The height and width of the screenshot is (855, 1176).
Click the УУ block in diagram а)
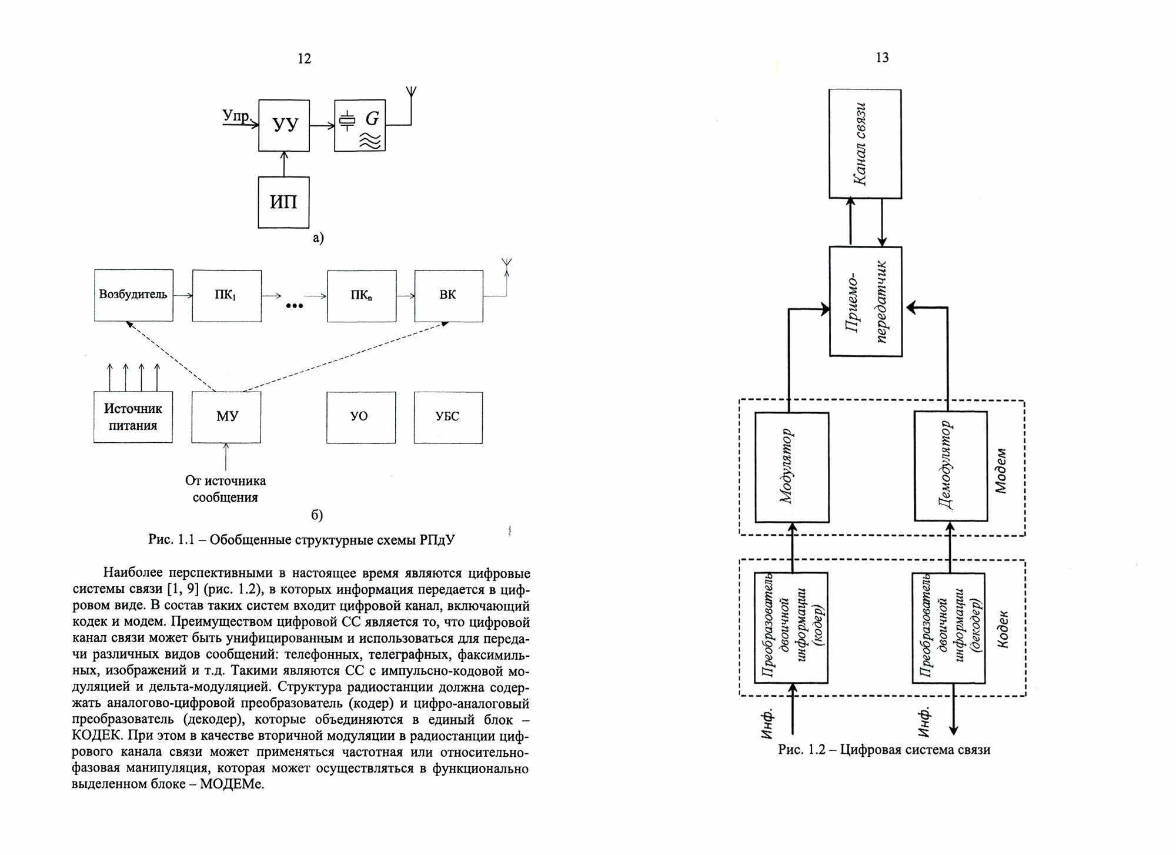(284, 125)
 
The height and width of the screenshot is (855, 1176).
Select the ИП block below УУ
(283, 202)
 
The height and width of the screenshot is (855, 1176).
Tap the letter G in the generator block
(372, 119)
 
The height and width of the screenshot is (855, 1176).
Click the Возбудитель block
(133, 295)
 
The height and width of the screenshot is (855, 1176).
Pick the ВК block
(448, 295)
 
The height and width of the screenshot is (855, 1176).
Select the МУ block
(226, 417)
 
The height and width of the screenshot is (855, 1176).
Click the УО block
(360, 417)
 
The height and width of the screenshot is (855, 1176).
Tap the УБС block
(447, 417)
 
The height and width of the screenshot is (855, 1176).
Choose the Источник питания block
(133, 417)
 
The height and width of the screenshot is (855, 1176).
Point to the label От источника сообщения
(226, 489)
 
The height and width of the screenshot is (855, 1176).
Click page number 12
(304, 58)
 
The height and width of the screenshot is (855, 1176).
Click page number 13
(882, 58)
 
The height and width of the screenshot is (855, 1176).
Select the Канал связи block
(864, 144)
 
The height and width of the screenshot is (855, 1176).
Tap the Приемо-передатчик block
(866, 301)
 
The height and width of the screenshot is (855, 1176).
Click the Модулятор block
(791, 467)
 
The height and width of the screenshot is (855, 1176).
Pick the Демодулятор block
(950, 467)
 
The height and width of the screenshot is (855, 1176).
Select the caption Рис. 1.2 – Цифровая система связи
(884, 750)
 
